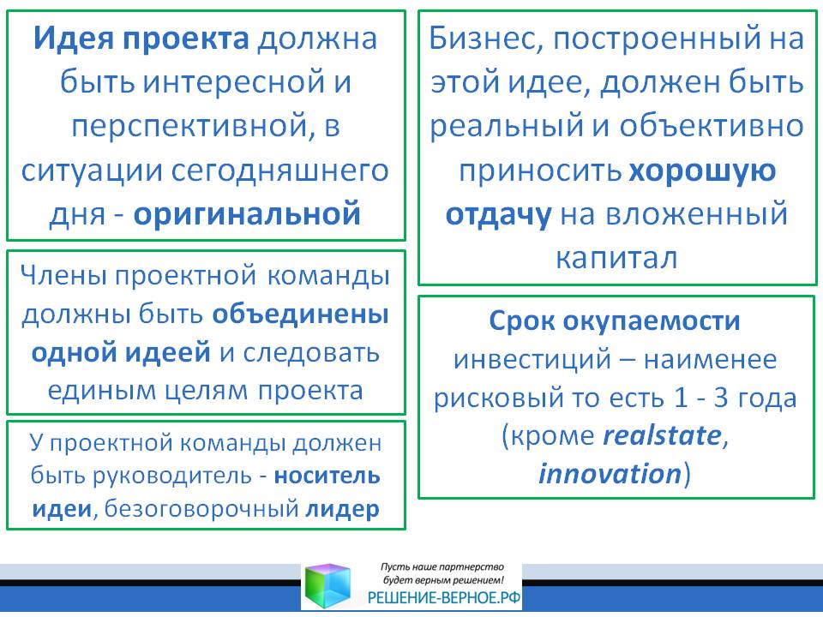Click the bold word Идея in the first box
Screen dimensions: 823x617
74,39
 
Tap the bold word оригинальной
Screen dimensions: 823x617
247,214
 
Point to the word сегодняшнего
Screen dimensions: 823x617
280,171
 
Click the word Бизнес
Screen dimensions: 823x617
486,39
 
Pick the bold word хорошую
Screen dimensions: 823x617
702,171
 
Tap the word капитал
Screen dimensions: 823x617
616,258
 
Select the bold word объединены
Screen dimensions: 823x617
301,314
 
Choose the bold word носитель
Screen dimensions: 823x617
327,476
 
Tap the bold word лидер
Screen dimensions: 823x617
342,509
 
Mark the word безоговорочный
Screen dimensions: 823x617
201,509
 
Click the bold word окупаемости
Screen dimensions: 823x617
652,321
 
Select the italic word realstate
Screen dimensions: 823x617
663,435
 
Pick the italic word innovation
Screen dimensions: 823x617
610,473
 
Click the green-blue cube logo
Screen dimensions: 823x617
327,586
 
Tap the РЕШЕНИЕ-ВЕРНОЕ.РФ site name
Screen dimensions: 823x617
444,597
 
